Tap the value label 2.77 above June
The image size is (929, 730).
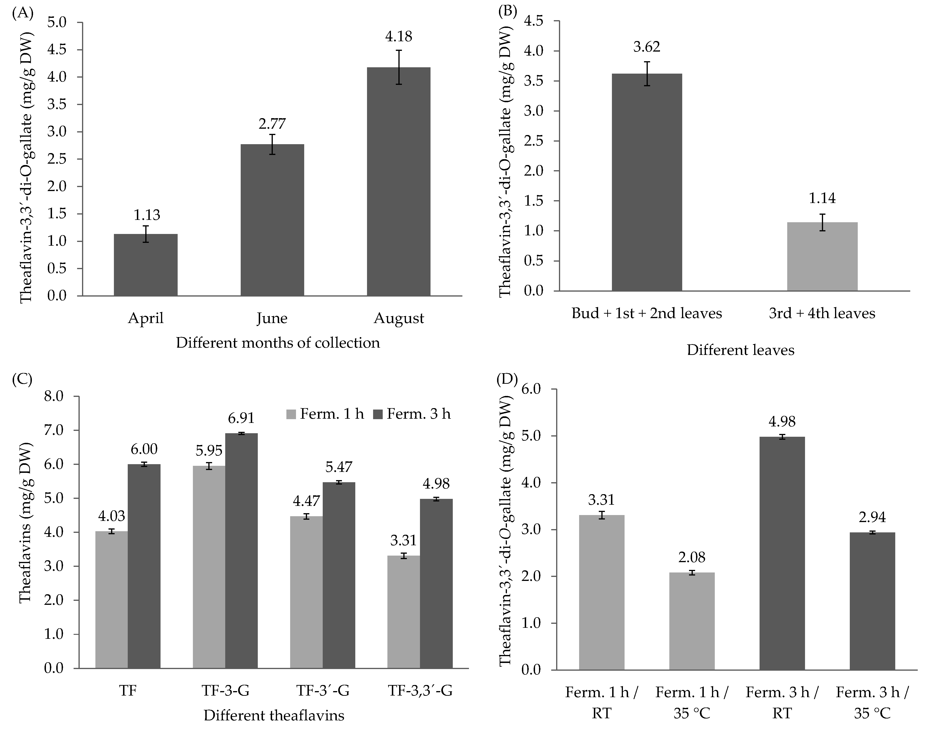[x=272, y=124]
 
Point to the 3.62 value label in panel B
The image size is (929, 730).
[x=647, y=47]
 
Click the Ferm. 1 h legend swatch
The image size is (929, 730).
[x=291, y=414]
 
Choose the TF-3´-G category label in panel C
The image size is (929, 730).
[x=323, y=691]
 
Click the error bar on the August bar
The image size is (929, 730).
[x=398, y=67]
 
